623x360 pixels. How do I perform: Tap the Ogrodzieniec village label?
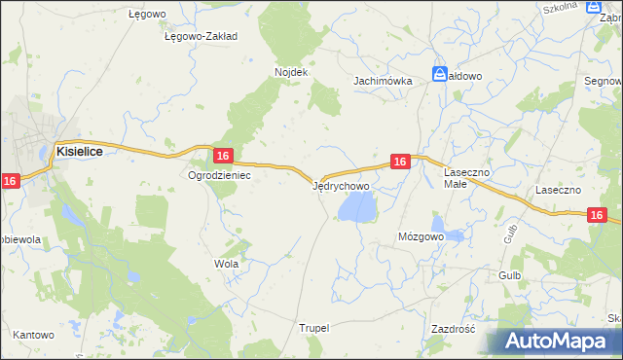point(220,176)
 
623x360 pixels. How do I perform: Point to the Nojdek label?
point(291,73)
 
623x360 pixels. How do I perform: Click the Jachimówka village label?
point(383,81)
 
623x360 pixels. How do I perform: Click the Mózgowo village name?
point(421,236)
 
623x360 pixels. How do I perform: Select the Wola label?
point(226,264)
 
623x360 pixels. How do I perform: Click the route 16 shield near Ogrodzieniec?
point(223,156)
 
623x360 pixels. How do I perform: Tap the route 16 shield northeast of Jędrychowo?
point(399,162)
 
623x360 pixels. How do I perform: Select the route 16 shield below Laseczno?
point(598,215)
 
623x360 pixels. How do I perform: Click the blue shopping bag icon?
point(440,74)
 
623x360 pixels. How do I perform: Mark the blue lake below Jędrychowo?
point(357,206)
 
